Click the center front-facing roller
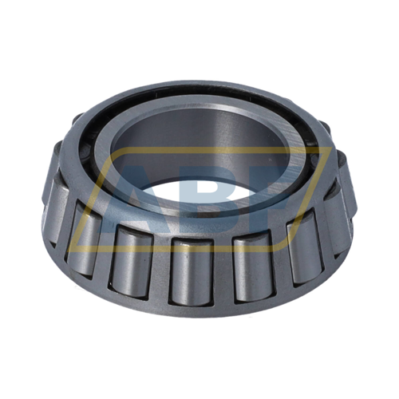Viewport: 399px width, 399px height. click(x=191, y=270)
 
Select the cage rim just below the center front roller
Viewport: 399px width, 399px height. click(x=192, y=307)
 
